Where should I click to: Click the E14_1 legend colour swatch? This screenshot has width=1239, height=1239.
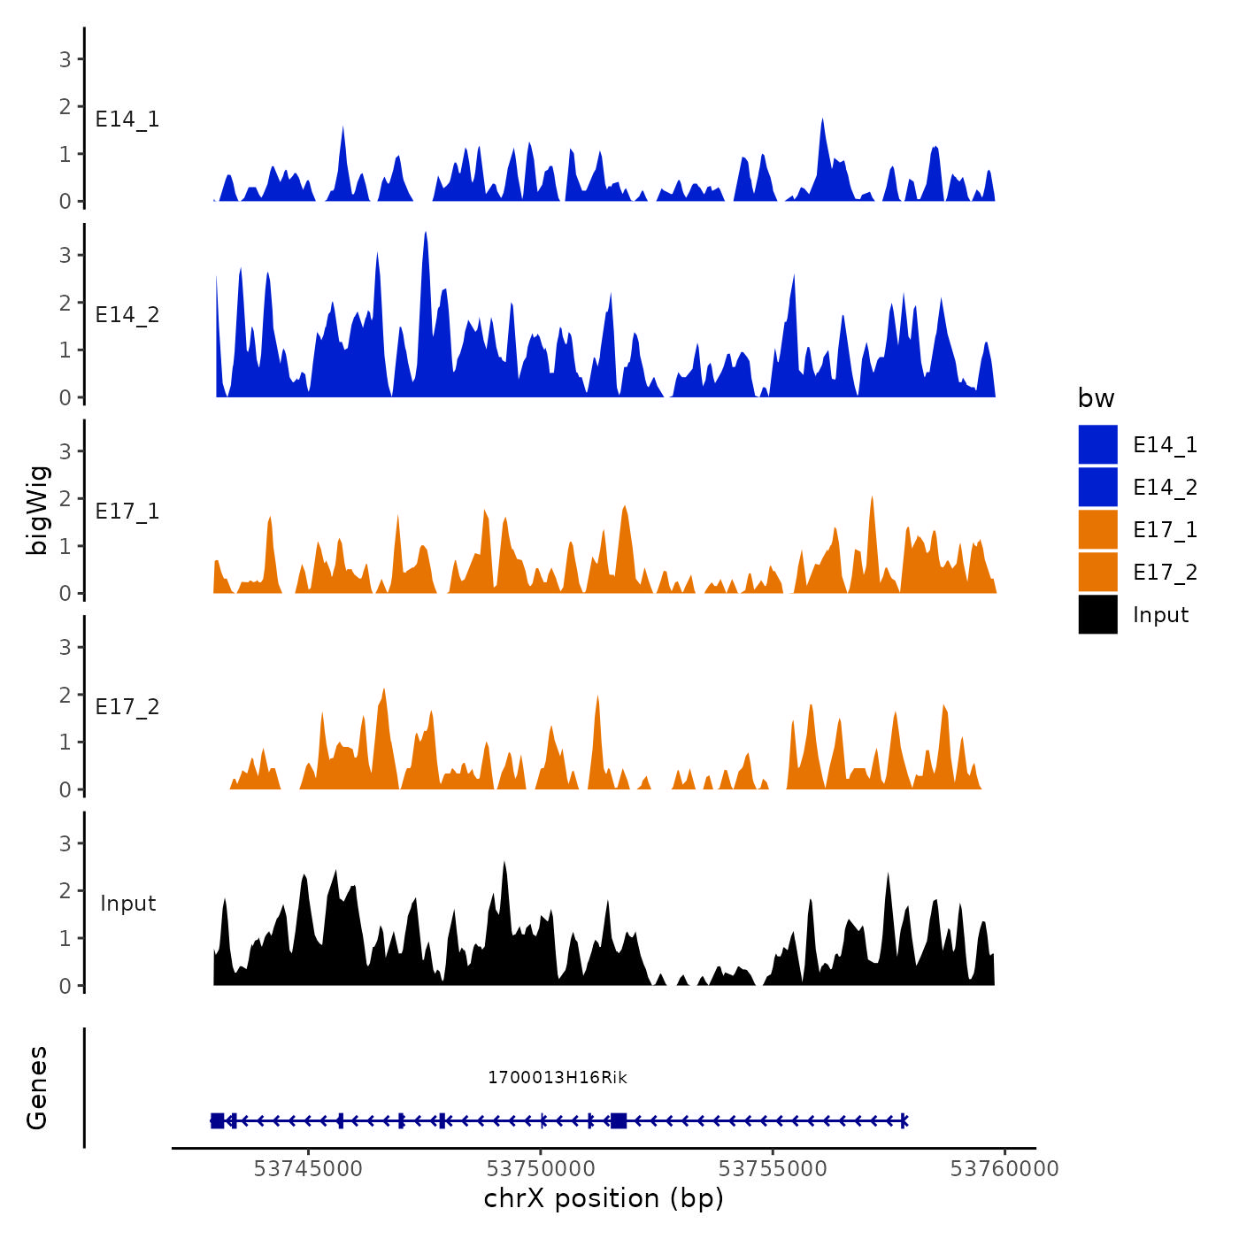pos(1097,444)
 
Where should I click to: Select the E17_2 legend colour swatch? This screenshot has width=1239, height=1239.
pos(1097,572)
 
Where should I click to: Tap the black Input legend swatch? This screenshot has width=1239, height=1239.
pos(1097,614)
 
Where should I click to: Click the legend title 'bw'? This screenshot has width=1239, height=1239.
pos(1096,398)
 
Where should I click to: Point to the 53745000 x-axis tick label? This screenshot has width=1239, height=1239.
pos(308,1169)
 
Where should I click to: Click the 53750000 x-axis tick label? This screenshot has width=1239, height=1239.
pos(541,1169)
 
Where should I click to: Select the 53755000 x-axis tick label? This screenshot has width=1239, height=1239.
pos(773,1169)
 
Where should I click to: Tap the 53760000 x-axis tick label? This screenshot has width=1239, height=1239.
pos(1004,1169)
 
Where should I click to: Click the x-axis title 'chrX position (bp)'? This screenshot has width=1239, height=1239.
pos(604,1198)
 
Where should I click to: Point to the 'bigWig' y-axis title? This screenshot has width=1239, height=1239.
pos(38,510)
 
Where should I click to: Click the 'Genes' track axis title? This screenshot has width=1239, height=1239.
pos(38,1088)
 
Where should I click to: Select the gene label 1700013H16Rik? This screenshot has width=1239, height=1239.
pos(558,1077)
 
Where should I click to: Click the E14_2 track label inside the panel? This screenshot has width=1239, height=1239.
pos(127,315)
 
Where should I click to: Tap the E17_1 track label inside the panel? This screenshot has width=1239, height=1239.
pos(127,512)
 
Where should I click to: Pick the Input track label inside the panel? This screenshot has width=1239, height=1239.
pos(127,904)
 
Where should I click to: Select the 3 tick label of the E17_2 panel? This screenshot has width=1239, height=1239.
pos(65,647)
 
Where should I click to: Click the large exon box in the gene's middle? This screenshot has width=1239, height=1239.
pos(619,1121)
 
